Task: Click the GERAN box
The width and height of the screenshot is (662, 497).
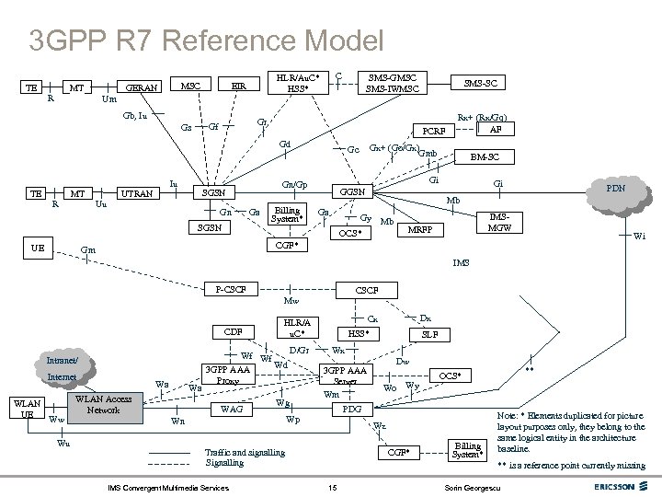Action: (142, 87)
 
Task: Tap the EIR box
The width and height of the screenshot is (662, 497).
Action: (238, 86)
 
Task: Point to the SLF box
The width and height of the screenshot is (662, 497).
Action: (428, 335)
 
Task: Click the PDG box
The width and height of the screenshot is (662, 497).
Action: (352, 408)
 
